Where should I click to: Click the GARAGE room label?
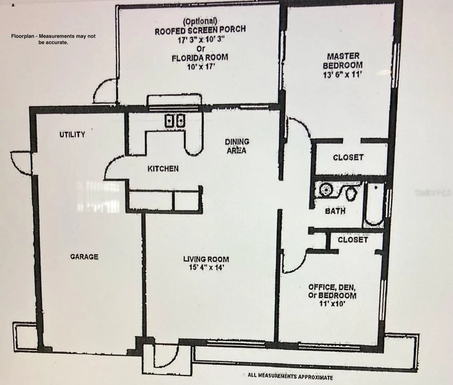click(x=84, y=257)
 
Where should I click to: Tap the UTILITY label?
click(x=72, y=134)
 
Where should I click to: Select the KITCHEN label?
click(x=163, y=169)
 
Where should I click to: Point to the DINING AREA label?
click(x=237, y=146)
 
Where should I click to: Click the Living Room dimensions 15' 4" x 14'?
click(x=206, y=267)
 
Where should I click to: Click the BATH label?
click(x=335, y=211)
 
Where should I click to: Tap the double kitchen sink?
click(x=175, y=120)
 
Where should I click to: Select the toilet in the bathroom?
click(x=351, y=193)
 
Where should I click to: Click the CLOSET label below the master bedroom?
click(x=348, y=157)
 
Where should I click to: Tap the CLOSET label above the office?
click(x=353, y=240)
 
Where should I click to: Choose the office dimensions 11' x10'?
click(x=332, y=304)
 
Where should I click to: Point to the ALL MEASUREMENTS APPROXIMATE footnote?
click(x=290, y=376)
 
